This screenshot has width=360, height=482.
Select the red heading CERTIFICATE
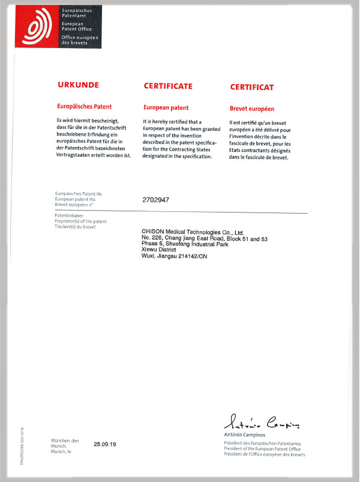click(168, 86)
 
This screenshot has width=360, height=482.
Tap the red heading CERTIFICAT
click(252, 87)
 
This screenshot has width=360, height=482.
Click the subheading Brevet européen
click(252, 109)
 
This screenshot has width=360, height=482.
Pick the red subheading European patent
click(166, 108)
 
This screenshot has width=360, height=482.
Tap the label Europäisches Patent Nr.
click(79, 194)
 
